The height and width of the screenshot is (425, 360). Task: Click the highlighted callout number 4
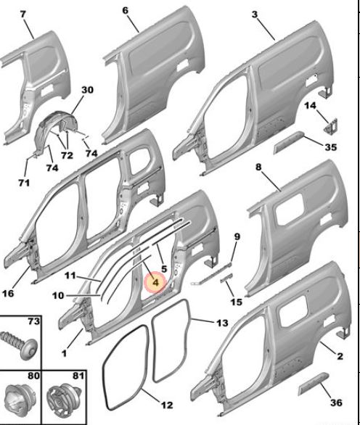click(x=155, y=282)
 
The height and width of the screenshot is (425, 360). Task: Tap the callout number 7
click(x=23, y=14)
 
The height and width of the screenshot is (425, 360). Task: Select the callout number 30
click(x=87, y=89)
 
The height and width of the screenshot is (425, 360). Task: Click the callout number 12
click(x=167, y=405)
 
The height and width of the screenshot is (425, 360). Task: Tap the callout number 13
click(x=222, y=323)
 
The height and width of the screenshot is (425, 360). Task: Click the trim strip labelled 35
click(x=289, y=141)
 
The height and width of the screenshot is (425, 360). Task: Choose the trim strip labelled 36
click(x=314, y=383)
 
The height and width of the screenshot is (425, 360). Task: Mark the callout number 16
click(x=8, y=293)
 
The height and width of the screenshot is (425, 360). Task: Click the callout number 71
click(x=24, y=183)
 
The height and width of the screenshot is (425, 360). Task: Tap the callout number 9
click(x=237, y=236)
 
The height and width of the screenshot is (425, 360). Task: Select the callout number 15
click(x=236, y=302)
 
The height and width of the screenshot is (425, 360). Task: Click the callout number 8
click(x=258, y=167)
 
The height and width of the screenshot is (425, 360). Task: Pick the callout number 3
click(x=254, y=14)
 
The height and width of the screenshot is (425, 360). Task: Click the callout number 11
click(x=70, y=276)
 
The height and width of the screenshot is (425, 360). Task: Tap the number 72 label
click(x=67, y=155)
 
